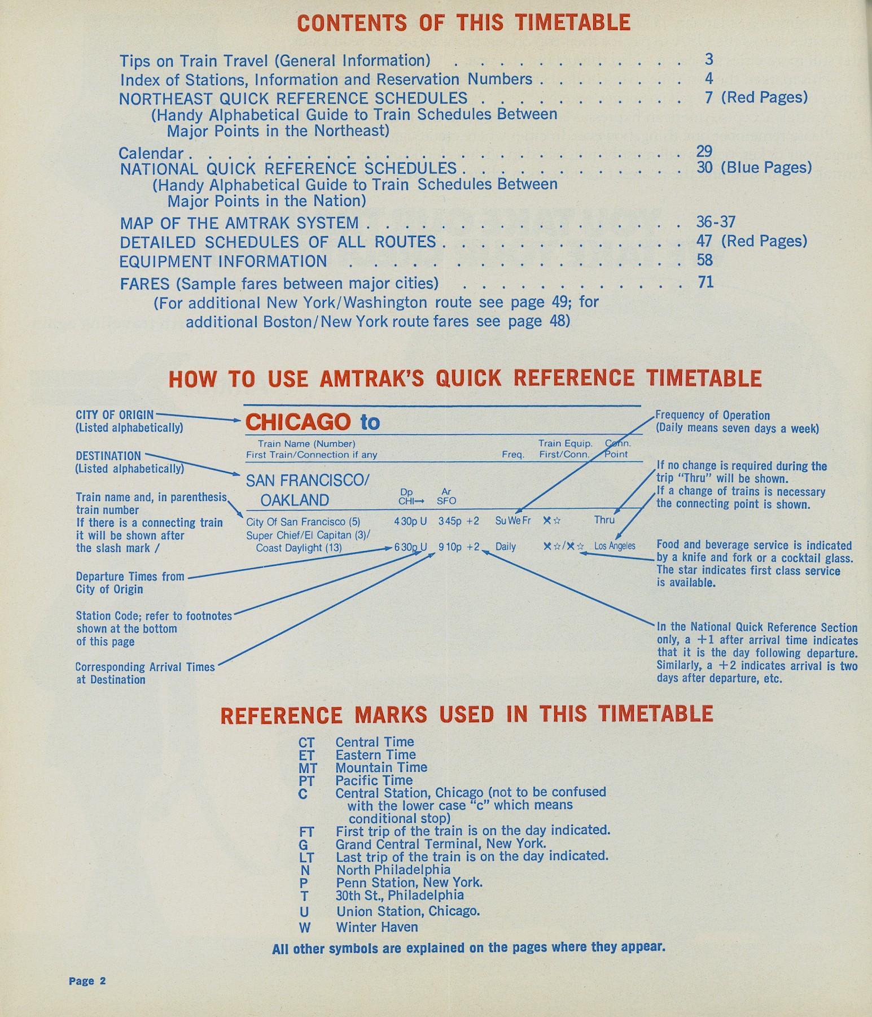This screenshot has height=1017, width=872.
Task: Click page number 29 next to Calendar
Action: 704,151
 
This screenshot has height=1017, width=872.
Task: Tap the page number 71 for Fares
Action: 706,281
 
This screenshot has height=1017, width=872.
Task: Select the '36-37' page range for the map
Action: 716,221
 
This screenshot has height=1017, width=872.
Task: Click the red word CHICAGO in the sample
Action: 297,422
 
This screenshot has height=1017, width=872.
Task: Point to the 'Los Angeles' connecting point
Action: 614,546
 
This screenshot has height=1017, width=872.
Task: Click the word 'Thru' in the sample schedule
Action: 604,520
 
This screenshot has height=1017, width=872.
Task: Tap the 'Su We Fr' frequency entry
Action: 512,520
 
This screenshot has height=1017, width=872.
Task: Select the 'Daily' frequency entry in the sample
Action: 506,547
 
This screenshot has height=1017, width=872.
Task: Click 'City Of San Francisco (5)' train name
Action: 303,522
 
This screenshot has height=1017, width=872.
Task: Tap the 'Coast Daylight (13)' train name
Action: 299,547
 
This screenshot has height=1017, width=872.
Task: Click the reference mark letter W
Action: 305,927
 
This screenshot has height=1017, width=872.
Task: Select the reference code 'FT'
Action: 306,832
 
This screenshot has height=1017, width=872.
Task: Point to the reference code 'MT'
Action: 308,768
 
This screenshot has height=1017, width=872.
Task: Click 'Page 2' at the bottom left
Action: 87,981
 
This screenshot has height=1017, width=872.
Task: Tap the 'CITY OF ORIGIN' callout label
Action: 115,415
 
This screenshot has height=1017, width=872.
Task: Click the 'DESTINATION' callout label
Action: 108,456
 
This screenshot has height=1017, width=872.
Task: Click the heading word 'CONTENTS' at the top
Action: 352,23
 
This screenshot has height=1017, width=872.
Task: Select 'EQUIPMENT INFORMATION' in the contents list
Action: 223,261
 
